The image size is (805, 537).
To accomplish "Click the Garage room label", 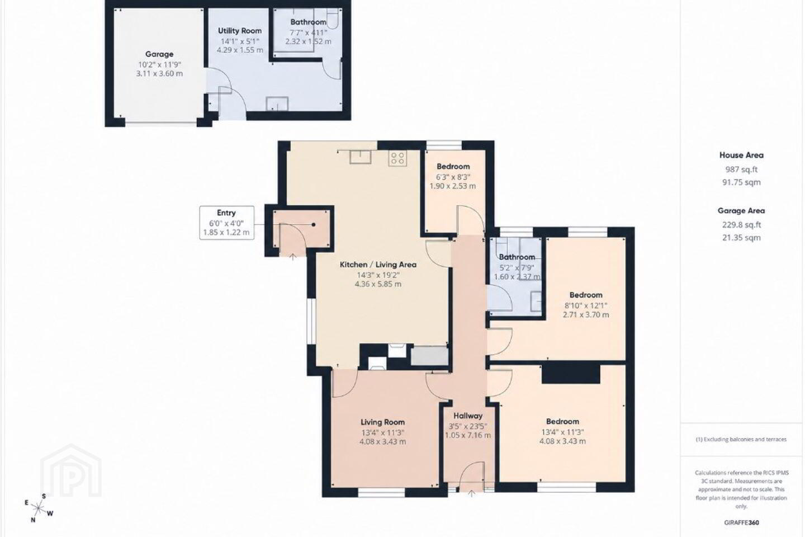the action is click(159, 54).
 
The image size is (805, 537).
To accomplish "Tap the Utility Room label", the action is click(240, 31).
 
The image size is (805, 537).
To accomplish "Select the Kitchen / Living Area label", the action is click(378, 265).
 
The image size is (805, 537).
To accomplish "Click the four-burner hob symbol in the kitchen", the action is click(397, 159).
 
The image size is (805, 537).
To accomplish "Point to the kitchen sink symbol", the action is click(361, 157).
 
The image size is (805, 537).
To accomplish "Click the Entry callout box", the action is click(227, 223).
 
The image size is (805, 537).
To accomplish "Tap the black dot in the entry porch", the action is click(314, 224).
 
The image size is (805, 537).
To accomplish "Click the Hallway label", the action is click(467, 416).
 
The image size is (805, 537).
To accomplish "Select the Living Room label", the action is click(382, 422).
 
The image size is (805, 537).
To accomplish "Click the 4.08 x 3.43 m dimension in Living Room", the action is click(382, 441).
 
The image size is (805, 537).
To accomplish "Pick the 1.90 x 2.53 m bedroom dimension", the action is click(453, 186).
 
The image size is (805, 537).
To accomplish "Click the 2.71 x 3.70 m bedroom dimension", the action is click(586, 315).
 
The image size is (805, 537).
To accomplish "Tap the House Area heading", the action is click(741, 156).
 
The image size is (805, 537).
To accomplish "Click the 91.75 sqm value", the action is click(741, 182).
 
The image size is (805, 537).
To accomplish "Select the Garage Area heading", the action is click(741, 211).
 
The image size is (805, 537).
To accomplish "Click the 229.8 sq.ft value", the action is click(741, 225).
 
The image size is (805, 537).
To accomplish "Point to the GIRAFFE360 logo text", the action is click(741, 522).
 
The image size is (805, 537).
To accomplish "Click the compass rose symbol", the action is click(38, 508).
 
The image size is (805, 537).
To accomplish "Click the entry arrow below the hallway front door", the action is click(471, 494).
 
